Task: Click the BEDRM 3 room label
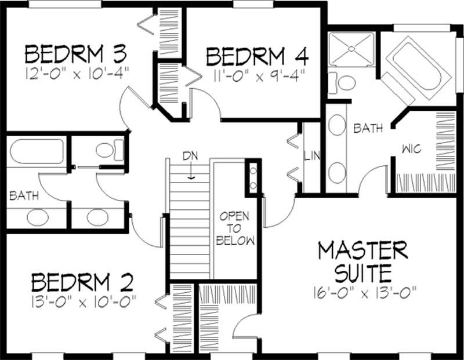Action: click(76, 54)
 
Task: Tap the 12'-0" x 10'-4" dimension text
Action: click(78, 74)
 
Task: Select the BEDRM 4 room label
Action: click(257, 56)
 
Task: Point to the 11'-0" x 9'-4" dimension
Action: click(258, 76)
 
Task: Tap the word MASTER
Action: click(363, 250)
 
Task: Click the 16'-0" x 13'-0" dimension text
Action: click(365, 293)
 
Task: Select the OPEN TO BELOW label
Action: click(235, 228)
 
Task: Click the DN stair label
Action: click(190, 156)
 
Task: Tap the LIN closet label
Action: click(312, 155)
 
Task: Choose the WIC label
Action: click(411, 149)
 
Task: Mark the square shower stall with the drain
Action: click(351, 49)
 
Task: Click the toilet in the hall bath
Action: click(110, 150)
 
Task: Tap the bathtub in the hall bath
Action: click(37, 151)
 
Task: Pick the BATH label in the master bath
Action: click(368, 128)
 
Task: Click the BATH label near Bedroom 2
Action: click(24, 196)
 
